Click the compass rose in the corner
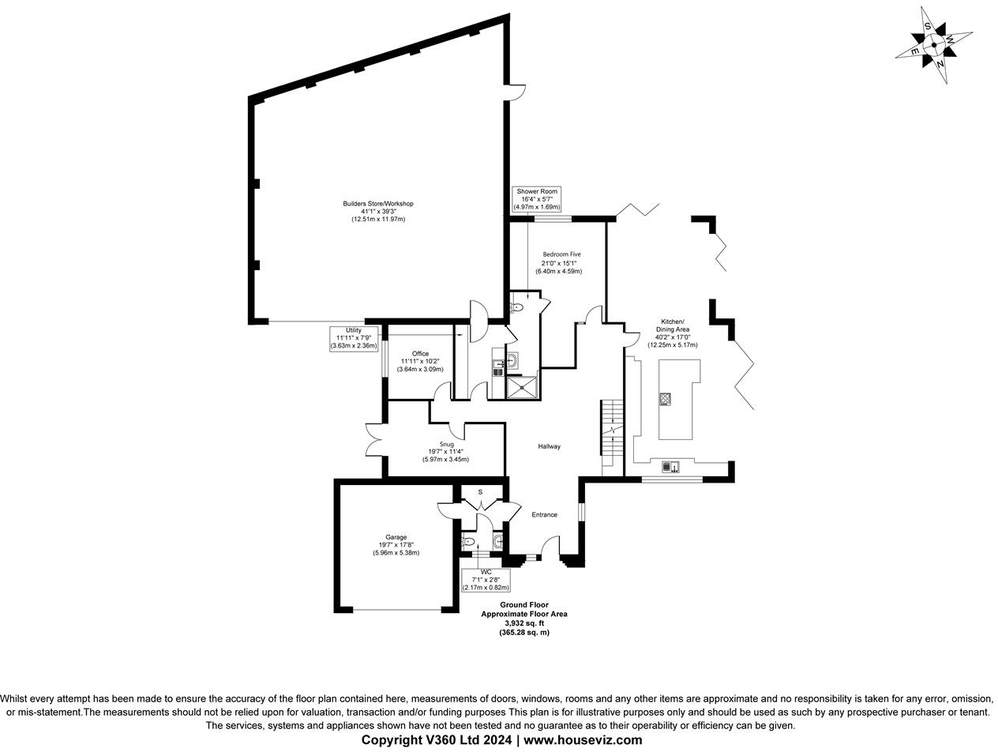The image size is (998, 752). (x=934, y=45)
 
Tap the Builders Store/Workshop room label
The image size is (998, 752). (x=378, y=211)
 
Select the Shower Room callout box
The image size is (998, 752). (x=537, y=199)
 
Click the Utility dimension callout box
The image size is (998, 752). (x=354, y=338)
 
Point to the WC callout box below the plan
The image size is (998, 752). (x=486, y=579)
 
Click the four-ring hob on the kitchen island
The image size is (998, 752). (x=666, y=399)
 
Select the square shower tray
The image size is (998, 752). (x=521, y=386)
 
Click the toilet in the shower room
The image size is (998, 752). (x=517, y=307)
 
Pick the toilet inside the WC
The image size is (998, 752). (x=468, y=542)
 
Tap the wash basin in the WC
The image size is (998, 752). (x=497, y=541)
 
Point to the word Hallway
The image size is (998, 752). (x=550, y=446)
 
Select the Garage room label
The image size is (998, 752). (x=396, y=545)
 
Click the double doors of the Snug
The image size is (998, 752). (x=374, y=440)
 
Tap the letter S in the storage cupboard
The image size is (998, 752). (x=480, y=492)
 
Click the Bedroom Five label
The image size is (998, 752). (x=561, y=262)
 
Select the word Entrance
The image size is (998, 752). (x=544, y=515)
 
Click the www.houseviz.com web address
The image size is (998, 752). (x=583, y=740)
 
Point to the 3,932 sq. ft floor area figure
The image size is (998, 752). (x=524, y=623)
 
